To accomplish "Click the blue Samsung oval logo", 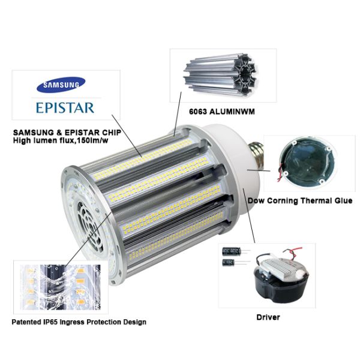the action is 61,85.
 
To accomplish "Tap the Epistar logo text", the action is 65,108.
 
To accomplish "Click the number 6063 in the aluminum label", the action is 198,112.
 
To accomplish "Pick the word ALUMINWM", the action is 232,112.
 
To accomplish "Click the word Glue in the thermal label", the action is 341,200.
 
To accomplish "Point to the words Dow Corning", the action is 273,200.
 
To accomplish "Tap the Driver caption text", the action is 268,317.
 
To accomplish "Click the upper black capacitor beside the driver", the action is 232,251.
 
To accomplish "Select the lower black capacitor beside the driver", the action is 228,262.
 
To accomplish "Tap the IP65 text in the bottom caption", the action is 51,322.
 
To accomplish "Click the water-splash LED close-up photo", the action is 61,287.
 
